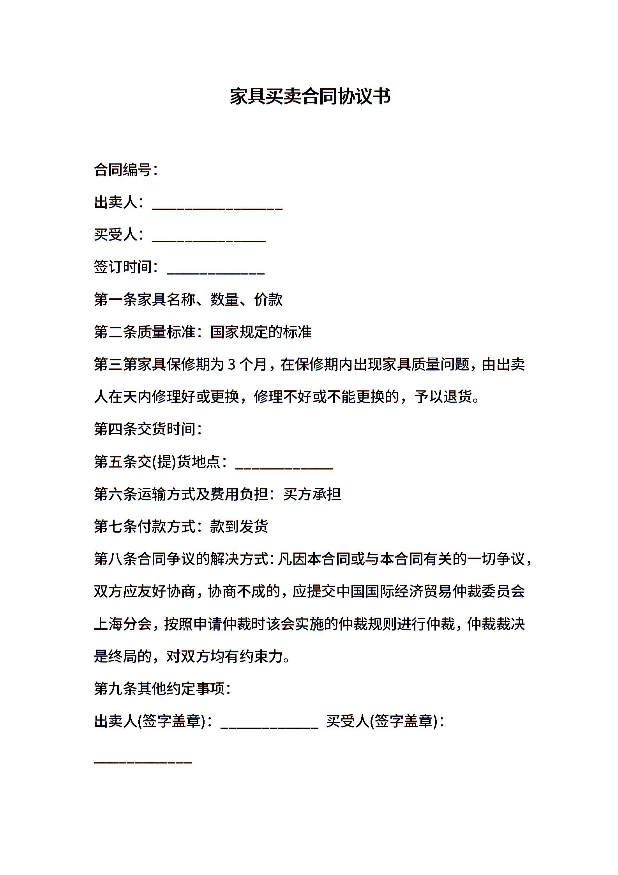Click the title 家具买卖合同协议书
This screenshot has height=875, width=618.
pos(310,96)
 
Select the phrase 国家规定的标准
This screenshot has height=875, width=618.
pos(261,332)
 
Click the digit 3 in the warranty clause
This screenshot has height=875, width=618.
pos(231,365)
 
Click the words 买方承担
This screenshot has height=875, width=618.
pos(312,494)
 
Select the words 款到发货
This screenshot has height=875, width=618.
pos(239,527)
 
